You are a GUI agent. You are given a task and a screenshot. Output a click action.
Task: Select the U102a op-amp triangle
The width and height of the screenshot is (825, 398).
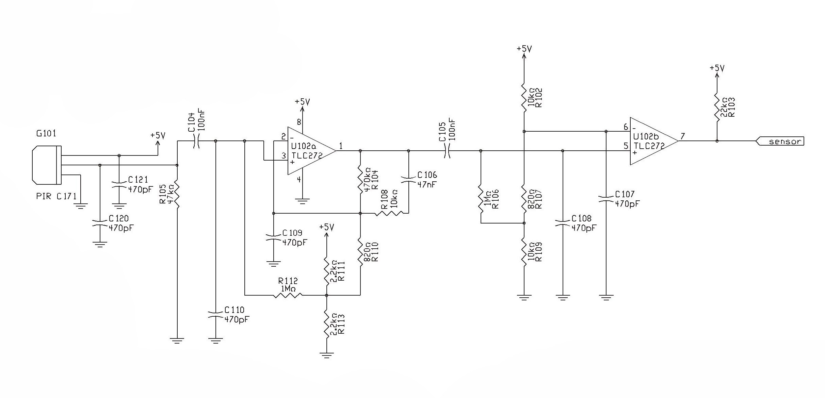point(310,151)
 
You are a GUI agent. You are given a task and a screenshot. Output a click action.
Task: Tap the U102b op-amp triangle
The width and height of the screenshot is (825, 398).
point(652,141)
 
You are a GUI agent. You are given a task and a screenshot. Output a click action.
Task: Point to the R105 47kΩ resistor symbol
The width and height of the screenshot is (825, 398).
point(177,196)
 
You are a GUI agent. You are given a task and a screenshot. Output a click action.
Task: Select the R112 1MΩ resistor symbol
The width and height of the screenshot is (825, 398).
point(288,295)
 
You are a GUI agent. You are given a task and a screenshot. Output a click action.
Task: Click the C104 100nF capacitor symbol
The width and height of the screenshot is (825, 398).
point(196,140)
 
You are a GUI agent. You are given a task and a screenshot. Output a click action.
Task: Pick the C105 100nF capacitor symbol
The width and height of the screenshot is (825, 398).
point(447,151)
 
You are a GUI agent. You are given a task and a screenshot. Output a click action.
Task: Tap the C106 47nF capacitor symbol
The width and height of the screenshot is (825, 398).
point(408,180)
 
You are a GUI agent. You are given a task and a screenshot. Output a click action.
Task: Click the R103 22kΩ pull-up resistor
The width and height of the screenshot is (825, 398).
point(717,107)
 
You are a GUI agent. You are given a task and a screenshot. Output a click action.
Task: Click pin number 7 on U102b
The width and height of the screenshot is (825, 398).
point(682,136)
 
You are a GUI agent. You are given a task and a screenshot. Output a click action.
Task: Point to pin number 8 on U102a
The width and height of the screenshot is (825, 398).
point(299,122)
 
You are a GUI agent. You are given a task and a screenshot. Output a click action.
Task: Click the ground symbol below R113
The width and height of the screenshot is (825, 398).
point(327,355)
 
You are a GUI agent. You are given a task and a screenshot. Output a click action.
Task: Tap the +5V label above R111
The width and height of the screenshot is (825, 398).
point(327,227)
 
